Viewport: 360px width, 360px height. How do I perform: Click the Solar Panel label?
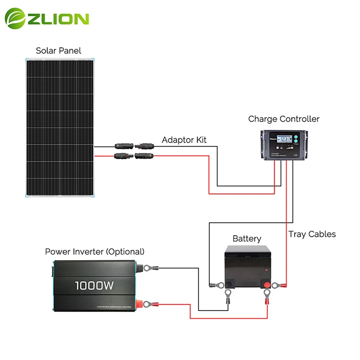click(59, 50)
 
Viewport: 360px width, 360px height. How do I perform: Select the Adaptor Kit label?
click(184, 140)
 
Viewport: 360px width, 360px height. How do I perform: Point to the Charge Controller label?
click(284, 119)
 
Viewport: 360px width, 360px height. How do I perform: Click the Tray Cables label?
click(312, 234)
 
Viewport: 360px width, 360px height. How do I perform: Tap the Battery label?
click(247, 239)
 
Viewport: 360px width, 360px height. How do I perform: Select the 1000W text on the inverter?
click(94, 286)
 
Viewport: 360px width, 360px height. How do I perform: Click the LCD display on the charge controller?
click(279, 140)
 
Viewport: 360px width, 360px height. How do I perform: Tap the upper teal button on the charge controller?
click(296, 138)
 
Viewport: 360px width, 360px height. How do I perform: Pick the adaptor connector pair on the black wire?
click(133, 145)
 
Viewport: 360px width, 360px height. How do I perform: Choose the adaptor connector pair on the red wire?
click(133, 156)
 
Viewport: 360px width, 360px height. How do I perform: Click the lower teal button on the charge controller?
click(296, 144)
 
